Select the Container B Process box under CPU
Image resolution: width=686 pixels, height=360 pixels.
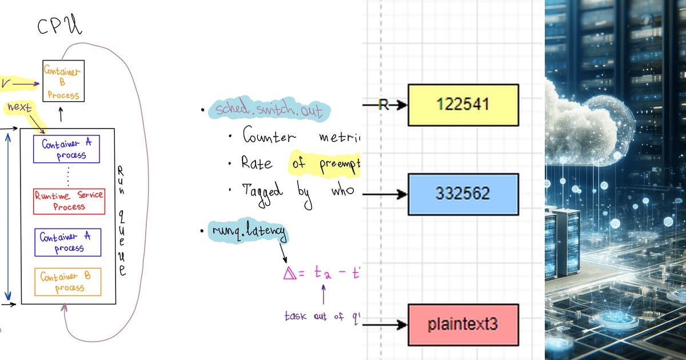[63, 81]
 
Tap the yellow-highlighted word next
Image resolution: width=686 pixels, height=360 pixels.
[19, 107]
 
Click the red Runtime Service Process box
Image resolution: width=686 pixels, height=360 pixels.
[69, 201]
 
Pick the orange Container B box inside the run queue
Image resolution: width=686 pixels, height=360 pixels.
[68, 282]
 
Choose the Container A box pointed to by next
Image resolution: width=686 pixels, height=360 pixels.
[66, 149]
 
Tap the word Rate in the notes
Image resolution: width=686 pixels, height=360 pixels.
[257, 163]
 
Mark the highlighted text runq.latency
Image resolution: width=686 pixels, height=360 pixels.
[247, 232]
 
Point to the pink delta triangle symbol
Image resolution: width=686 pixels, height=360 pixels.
[289, 274]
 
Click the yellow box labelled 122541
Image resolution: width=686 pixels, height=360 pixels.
[463, 105]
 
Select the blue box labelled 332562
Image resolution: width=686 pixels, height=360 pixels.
[463, 194]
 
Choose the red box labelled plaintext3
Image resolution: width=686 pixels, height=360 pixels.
[463, 325]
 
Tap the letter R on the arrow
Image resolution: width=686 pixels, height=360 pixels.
[384, 105]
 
